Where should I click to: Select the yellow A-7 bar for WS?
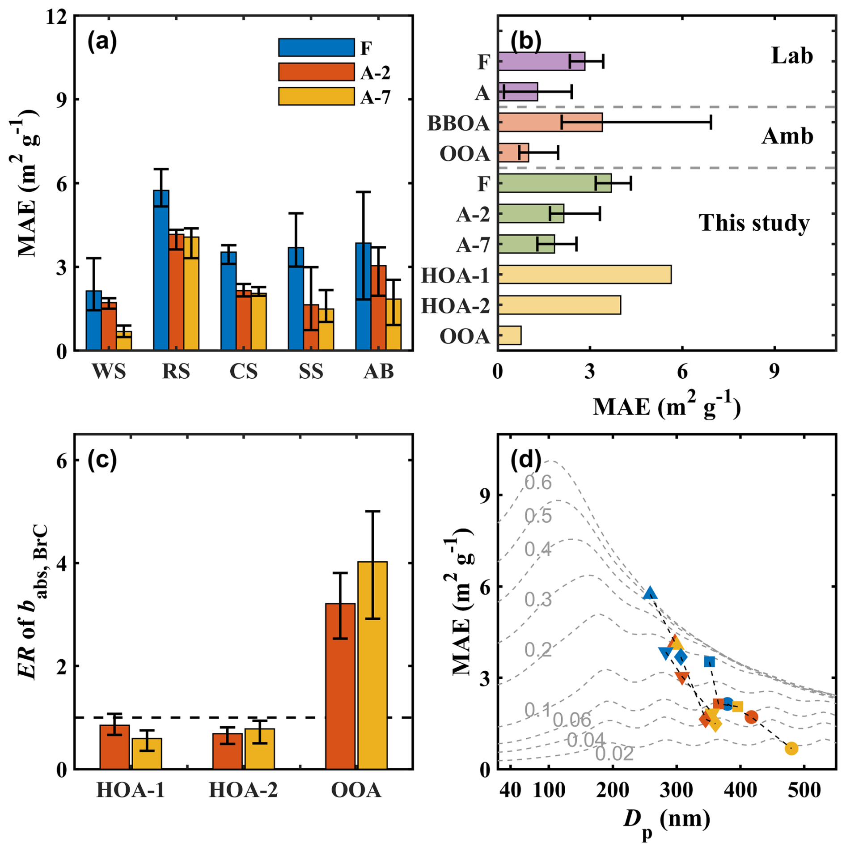[124, 341]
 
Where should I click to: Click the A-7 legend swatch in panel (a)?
[316, 96]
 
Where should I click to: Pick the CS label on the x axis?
[244, 371]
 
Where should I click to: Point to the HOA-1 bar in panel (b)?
[584, 275]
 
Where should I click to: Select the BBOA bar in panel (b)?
[550, 123]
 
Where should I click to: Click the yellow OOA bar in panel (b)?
[510, 335]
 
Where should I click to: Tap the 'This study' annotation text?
[754, 223]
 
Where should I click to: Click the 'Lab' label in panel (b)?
[792, 56]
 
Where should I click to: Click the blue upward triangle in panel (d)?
[650, 593]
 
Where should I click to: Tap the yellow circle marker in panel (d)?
[791, 748]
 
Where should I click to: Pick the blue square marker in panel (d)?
[709, 661]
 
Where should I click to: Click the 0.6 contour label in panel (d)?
[538, 483]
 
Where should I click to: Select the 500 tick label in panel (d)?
[804, 790]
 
